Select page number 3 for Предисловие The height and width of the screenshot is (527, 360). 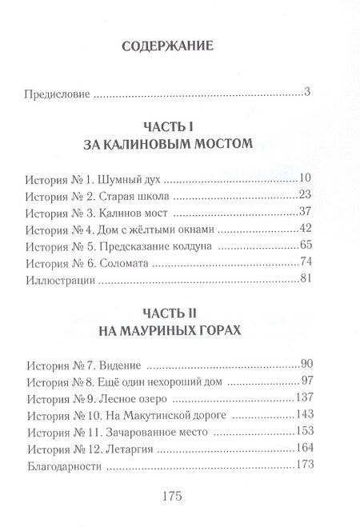pyautogui.click(x=307, y=92)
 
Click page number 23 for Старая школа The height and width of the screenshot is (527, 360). pyautogui.click(x=303, y=195)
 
